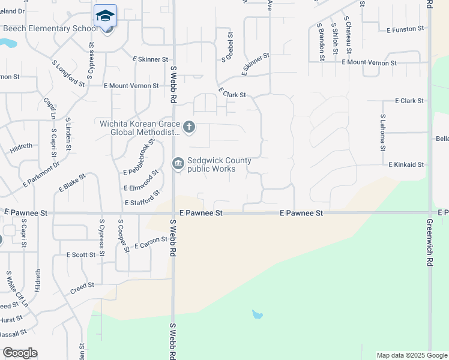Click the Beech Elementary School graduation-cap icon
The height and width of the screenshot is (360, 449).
106,15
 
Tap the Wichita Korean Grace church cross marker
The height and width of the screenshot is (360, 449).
189,127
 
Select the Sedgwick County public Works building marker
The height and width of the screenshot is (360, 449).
178,163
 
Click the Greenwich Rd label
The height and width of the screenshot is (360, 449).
429,243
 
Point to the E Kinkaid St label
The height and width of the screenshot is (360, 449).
406,164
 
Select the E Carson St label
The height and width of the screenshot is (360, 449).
151,242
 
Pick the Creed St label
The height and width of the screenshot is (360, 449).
82,286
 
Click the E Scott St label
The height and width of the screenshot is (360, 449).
80,255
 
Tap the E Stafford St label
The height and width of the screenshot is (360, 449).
143,198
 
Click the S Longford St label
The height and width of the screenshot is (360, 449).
68,73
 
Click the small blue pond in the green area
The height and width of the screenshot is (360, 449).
257,314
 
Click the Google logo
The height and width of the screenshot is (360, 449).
20,353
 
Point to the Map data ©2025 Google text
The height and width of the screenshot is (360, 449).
411,355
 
